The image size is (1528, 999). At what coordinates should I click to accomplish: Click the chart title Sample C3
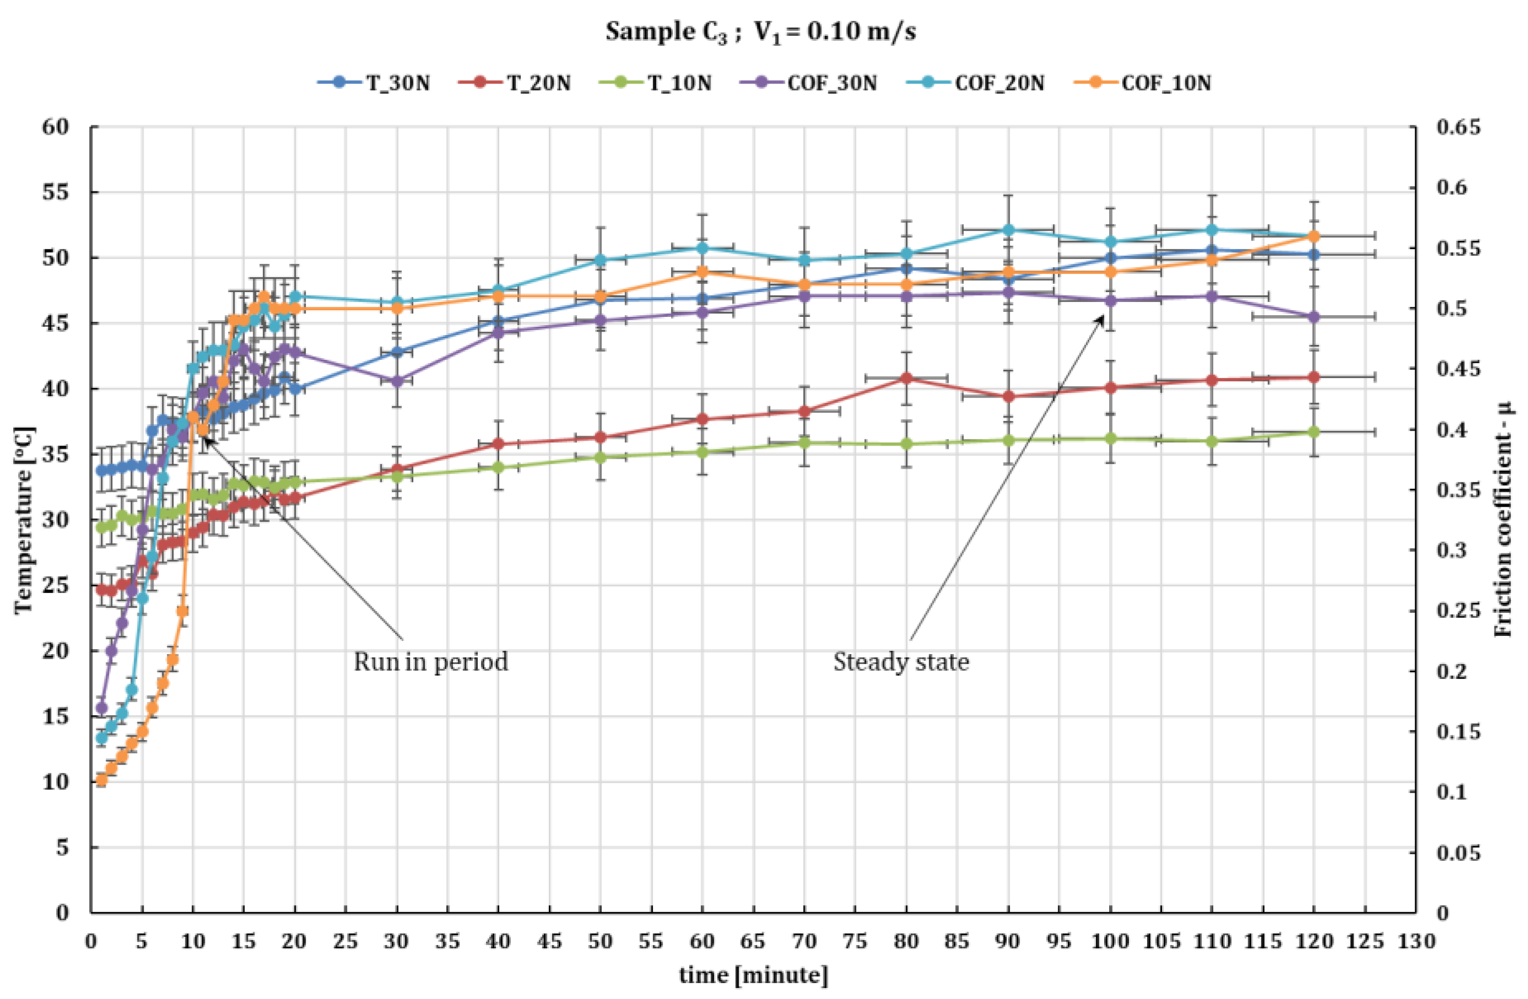point(760,31)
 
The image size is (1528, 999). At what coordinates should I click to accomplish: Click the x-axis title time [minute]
point(754,975)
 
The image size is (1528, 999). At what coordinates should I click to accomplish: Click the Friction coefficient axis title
point(1502,520)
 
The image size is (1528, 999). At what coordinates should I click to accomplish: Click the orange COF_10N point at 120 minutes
point(1313,236)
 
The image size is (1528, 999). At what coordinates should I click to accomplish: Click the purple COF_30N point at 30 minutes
point(397,381)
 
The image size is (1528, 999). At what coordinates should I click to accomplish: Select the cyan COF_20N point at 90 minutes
point(1008,230)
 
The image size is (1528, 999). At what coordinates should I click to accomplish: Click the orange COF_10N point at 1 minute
point(101,780)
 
